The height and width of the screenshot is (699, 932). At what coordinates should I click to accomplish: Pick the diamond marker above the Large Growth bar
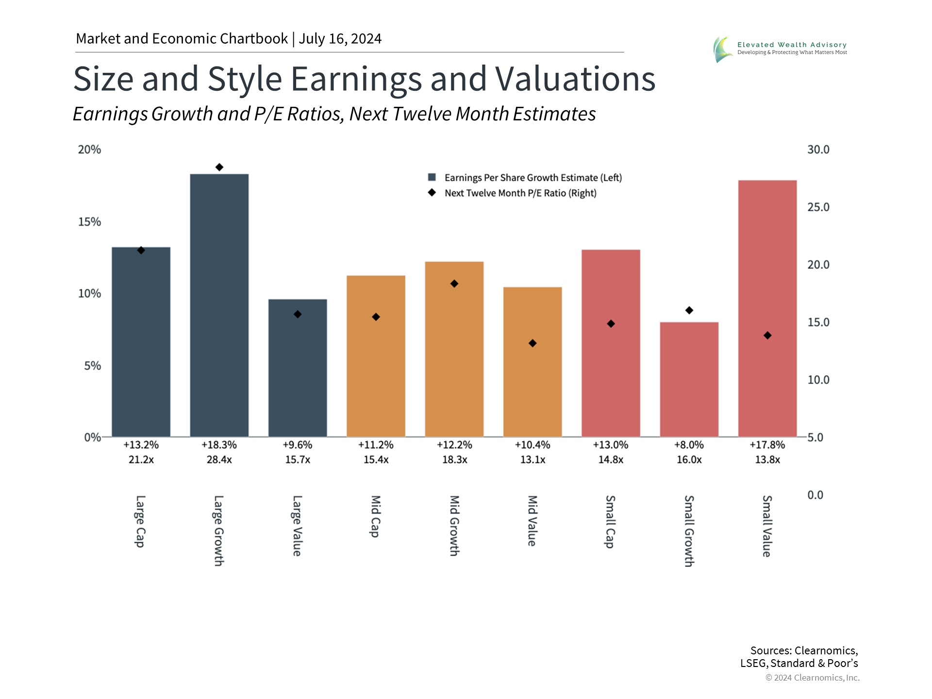(219, 167)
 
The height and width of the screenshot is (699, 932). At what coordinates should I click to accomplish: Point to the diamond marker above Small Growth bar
(689, 310)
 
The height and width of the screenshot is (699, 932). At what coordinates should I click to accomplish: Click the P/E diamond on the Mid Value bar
(533, 343)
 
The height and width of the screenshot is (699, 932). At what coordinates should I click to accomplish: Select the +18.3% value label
(219, 445)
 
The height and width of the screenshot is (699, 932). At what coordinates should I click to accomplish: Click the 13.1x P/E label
(533, 459)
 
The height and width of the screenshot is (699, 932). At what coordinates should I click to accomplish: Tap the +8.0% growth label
(689, 445)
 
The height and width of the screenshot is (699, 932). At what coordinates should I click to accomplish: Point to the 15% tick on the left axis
(89, 222)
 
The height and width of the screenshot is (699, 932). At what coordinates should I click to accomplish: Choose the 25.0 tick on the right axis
(818, 207)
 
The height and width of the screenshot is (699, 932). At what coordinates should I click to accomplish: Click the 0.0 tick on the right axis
(815, 495)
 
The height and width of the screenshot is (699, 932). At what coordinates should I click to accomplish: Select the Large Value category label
(297, 525)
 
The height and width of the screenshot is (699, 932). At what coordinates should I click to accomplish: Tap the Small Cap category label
(610, 521)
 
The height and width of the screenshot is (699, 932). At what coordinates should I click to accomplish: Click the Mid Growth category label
(454, 525)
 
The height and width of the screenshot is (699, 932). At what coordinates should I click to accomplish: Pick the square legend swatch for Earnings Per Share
(432, 177)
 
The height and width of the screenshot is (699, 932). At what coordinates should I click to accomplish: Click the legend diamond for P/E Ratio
(432, 193)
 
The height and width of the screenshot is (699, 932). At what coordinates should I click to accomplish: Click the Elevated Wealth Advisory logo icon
(723, 49)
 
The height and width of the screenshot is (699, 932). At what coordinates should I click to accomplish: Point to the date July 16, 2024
(340, 38)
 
